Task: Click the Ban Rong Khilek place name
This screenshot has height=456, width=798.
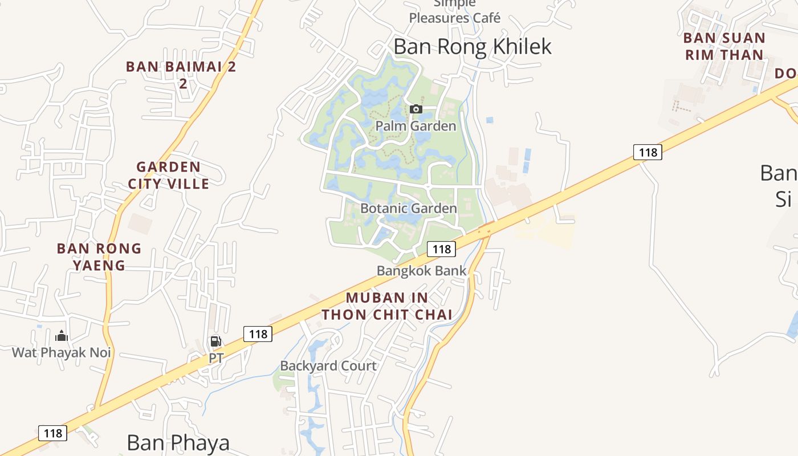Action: click(473, 47)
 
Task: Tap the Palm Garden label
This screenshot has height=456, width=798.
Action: click(416, 126)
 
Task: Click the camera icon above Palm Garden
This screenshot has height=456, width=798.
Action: click(416, 109)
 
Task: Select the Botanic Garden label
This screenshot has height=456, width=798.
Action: click(409, 209)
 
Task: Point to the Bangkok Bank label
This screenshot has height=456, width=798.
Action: click(422, 271)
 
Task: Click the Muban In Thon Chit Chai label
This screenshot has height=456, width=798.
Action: click(387, 306)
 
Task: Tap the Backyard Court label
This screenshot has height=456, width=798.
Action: click(328, 366)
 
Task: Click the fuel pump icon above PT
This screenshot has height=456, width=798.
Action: click(216, 342)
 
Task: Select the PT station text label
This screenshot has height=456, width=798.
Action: click(216, 359)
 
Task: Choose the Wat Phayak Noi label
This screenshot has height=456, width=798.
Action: click(62, 352)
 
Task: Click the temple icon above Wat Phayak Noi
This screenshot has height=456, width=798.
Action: click(62, 336)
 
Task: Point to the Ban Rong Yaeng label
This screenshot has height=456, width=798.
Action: click(99, 256)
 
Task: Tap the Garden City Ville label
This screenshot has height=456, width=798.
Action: click(169, 175)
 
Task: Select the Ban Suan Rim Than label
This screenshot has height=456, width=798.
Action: click(724, 46)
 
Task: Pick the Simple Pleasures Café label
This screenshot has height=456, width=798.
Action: click(455, 13)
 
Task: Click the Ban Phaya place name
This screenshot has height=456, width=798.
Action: click(178, 443)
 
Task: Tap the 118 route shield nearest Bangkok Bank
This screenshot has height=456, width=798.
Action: click(442, 249)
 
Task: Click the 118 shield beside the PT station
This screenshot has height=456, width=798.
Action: click(258, 334)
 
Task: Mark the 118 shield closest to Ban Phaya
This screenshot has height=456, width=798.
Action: click(53, 433)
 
